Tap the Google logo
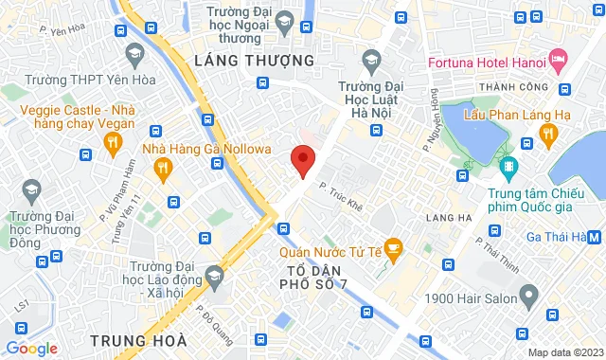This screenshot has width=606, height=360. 32,349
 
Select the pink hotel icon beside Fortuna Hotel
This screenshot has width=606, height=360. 561,63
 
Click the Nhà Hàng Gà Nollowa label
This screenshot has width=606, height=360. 206,149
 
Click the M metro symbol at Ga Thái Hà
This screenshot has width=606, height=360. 594,237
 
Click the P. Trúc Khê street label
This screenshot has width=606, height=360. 341,186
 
